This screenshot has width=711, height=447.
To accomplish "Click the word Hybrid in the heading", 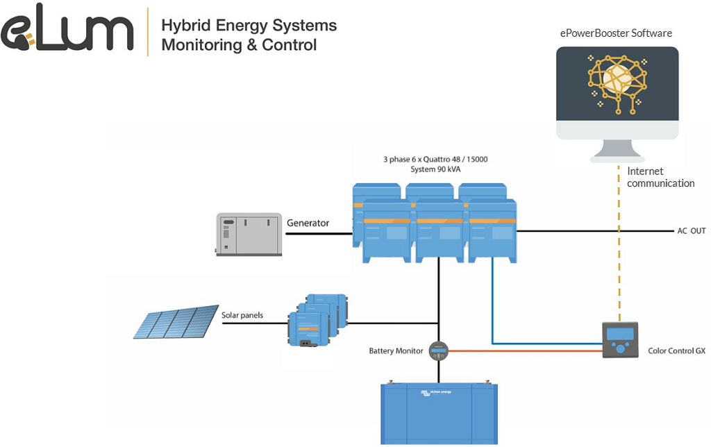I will pos(186,26).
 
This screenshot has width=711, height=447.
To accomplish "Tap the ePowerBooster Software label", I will pos(616,33).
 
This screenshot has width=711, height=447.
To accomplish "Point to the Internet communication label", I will pos(660,177).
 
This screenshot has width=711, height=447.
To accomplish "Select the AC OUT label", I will pos(691,230).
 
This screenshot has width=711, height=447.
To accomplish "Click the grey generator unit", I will pos(248,234).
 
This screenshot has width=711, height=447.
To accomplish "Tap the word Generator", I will pos(308,223).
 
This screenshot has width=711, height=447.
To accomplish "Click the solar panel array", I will pos(176,321).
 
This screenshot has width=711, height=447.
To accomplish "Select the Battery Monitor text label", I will pos(396,351).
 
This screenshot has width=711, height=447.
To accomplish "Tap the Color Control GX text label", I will pos(676,351).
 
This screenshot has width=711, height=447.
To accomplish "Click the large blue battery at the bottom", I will pos(439,414).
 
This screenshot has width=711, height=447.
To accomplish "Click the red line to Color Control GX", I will pos(528,351).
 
